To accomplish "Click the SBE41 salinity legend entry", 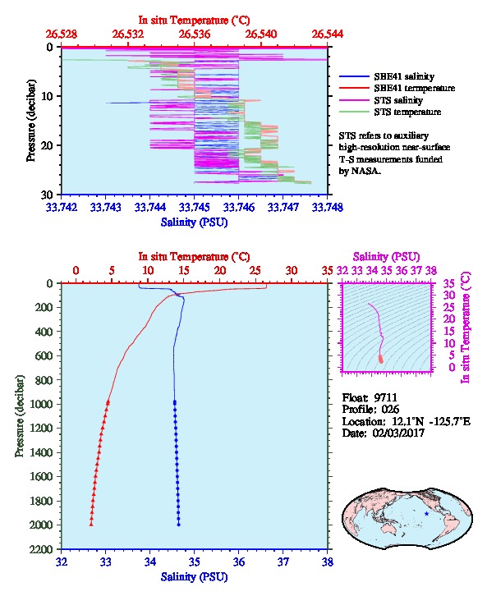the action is click(387, 76).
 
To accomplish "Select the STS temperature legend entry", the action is click(390, 112).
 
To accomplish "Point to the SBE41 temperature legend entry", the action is click(397, 88).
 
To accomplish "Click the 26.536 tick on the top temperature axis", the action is click(195, 34).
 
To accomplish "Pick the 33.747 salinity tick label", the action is click(283, 207).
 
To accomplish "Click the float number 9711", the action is click(385, 397).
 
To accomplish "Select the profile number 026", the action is click(390, 410).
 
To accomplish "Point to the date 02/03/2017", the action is click(398, 433).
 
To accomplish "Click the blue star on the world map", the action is click(426, 514).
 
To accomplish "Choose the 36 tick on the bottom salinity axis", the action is click(239, 562).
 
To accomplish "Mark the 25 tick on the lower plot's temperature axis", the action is click(255, 270).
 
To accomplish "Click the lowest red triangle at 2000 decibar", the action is click(91, 524).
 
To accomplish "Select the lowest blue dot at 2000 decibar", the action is click(179, 525).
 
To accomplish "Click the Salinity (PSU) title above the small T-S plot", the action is click(386, 257).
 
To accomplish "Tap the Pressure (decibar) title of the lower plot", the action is click(20, 416).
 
